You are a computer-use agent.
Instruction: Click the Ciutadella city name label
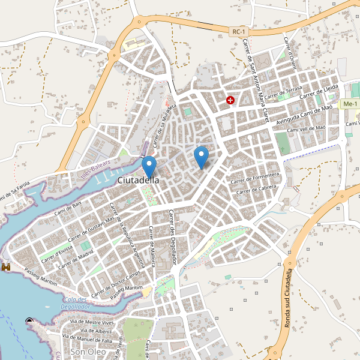(139, 180)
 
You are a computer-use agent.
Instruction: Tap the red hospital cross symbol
(230, 100)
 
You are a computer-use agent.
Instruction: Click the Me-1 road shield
(349, 104)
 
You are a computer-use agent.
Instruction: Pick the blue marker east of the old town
(202, 157)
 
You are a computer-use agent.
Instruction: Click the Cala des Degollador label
(75, 303)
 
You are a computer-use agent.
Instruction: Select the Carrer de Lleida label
(320, 92)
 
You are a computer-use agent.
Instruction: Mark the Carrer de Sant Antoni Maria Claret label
(255, 77)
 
